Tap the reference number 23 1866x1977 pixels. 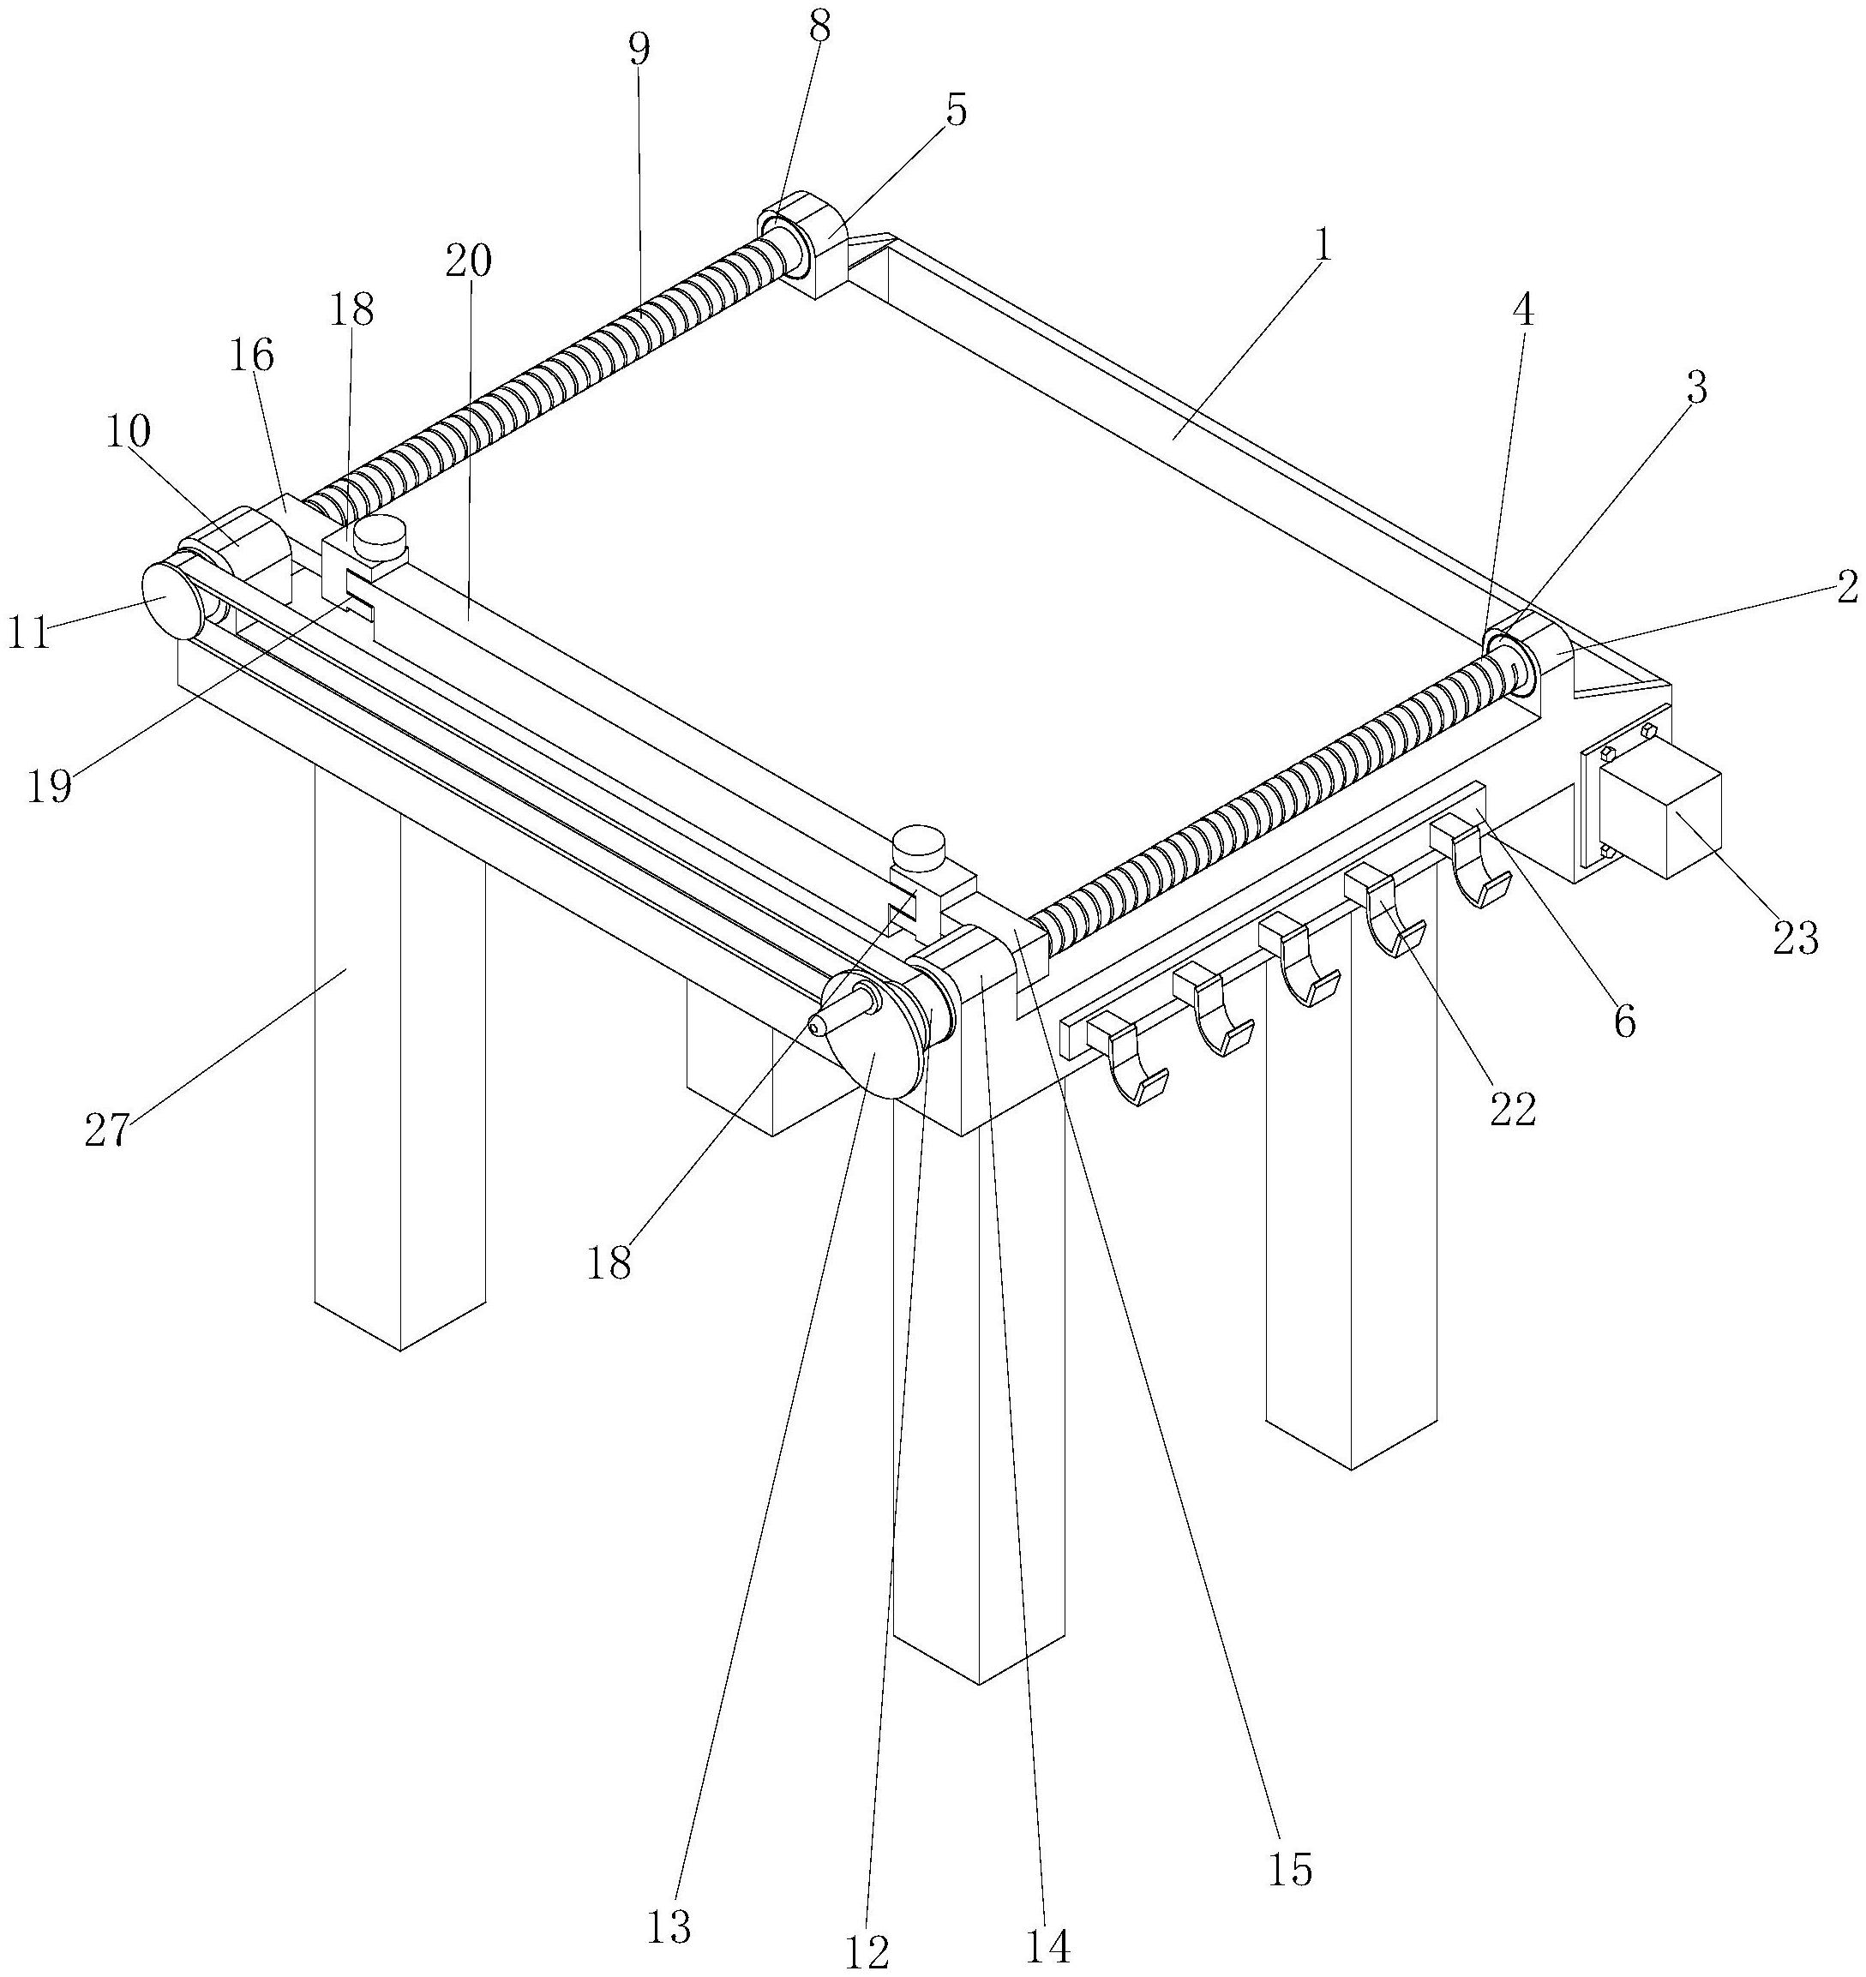pos(1796,938)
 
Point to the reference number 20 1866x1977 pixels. pos(470,261)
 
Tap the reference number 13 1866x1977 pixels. pos(669,1926)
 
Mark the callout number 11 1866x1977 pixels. pos(29,633)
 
